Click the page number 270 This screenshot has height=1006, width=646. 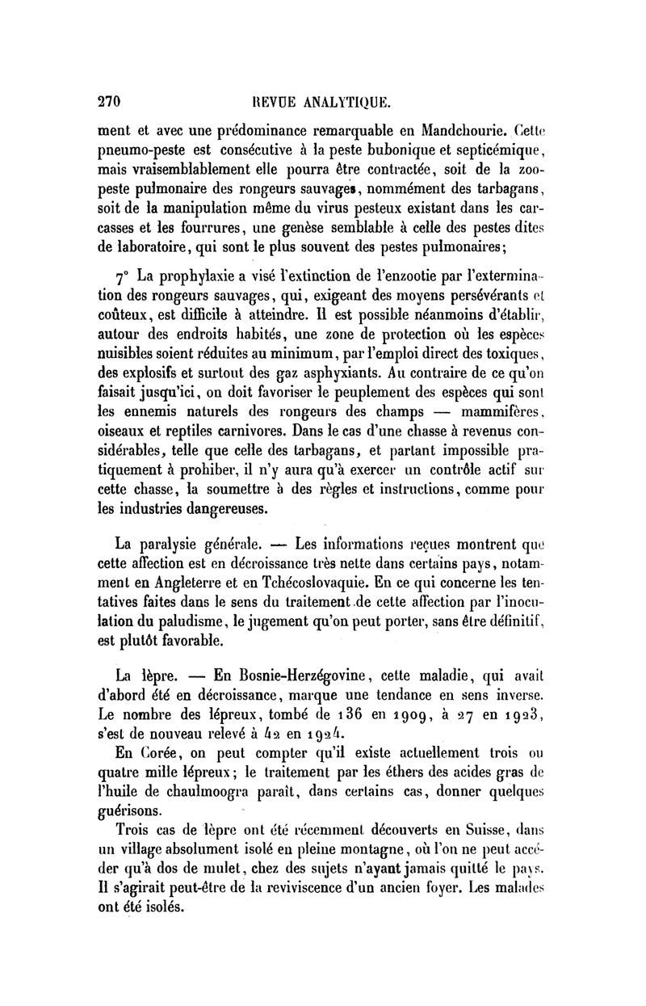click(x=108, y=103)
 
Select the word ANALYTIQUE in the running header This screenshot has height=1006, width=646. click(x=345, y=103)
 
